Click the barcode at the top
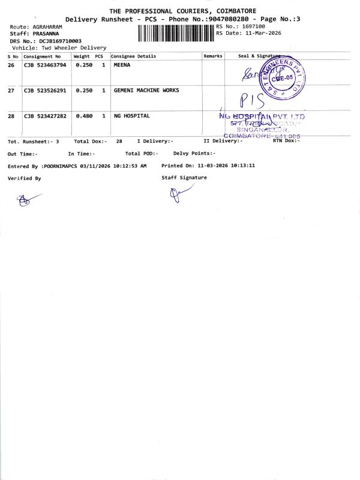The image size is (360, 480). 175,33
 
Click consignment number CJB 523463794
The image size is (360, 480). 45,65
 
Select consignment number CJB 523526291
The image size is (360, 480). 45,91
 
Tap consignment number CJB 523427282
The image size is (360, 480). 45,116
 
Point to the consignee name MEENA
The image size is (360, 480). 122,65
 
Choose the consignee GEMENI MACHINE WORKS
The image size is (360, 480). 146,91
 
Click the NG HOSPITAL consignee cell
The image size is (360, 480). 131,116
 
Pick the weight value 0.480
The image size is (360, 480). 84,116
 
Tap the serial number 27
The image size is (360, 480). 11,91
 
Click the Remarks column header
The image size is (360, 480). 213,56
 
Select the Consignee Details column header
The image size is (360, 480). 133,56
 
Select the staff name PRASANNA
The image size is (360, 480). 47,34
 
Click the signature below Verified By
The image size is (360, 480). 28,200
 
